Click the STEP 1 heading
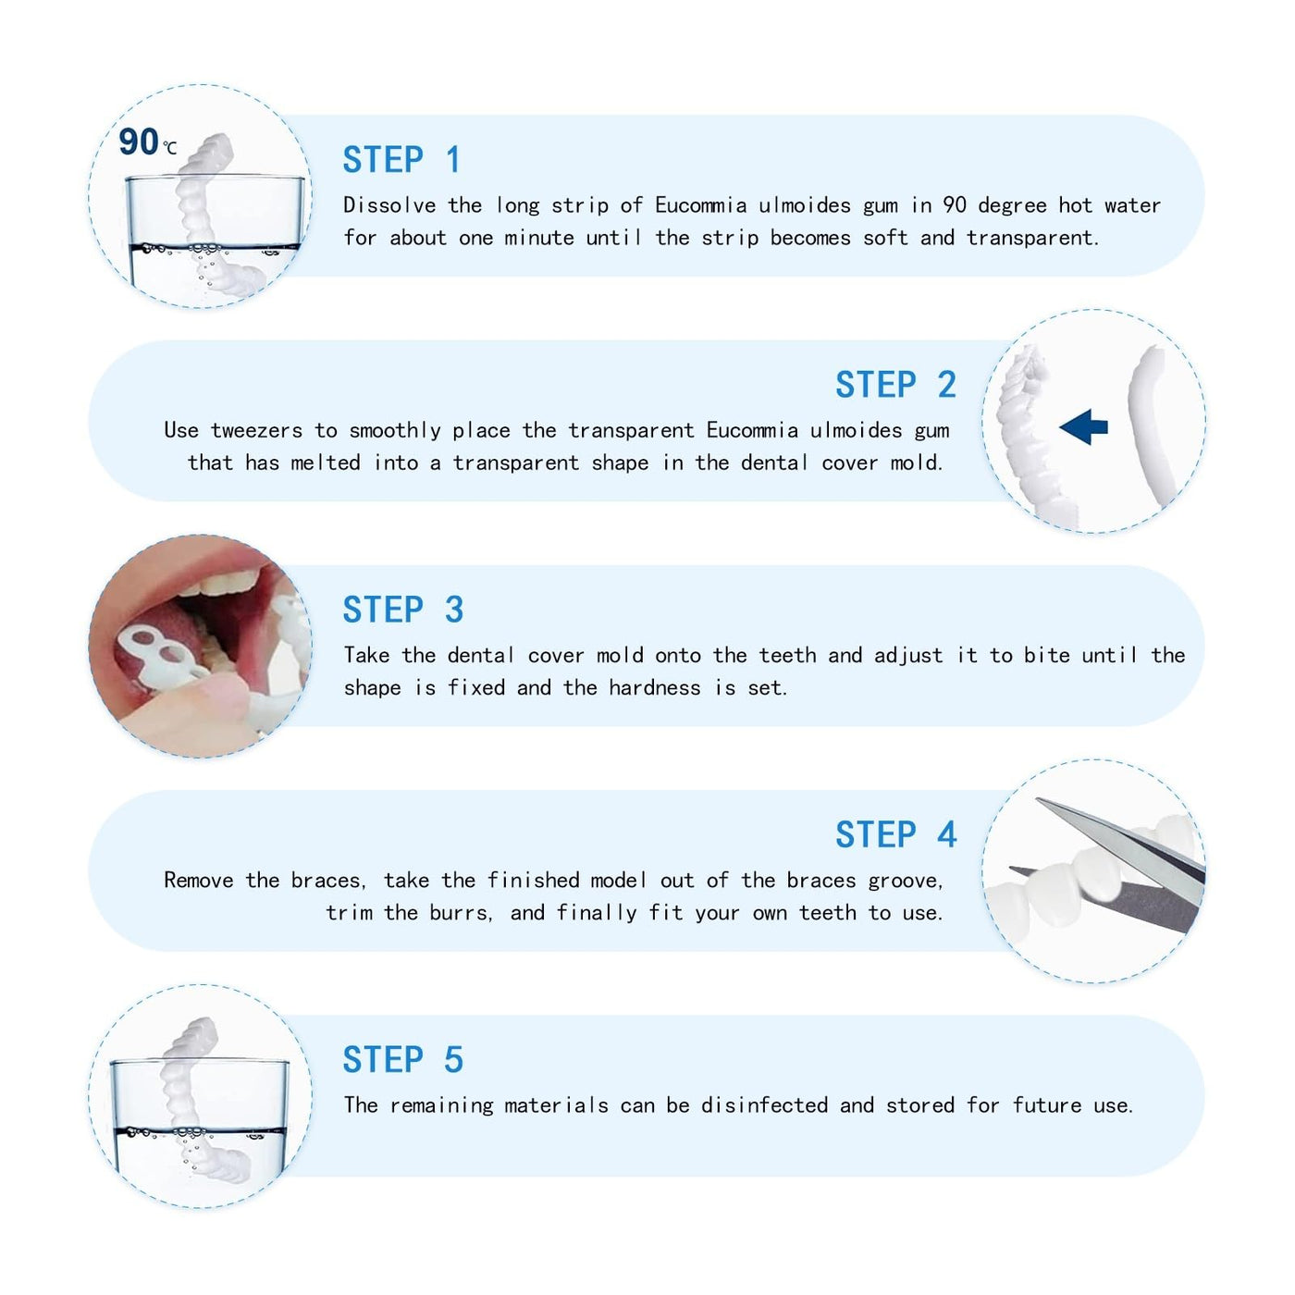click(401, 160)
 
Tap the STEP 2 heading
click(895, 385)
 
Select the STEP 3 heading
click(403, 610)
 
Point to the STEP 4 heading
click(895, 834)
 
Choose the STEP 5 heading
click(403, 1060)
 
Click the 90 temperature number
click(139, 142)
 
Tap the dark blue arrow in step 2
click(1083, 426)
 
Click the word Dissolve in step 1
click(389, 205)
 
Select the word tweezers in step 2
click(257, 430)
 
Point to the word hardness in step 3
click(655, 687)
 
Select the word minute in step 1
click(539, 237)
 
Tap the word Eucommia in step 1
click(700, 205)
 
